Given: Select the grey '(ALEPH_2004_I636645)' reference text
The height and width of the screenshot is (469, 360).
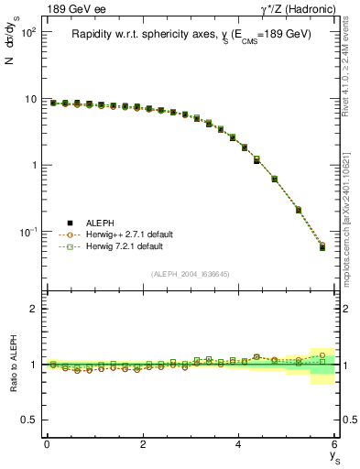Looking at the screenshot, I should pyautogui.click(x=191, y=274).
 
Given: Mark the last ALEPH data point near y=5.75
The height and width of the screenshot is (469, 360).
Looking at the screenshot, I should pyautogui.click(x=322, y=247).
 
